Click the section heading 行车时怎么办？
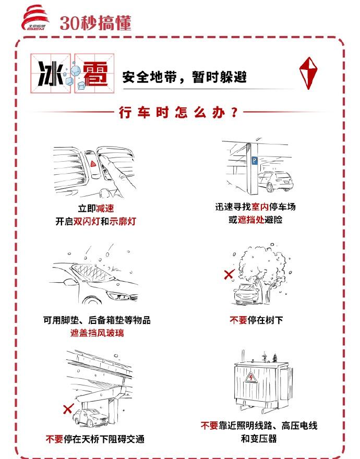coord(179,112)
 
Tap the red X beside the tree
coord(228,274)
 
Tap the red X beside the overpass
coord(67,408)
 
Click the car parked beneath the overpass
coord(93,418)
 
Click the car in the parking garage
coord(275,180)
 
